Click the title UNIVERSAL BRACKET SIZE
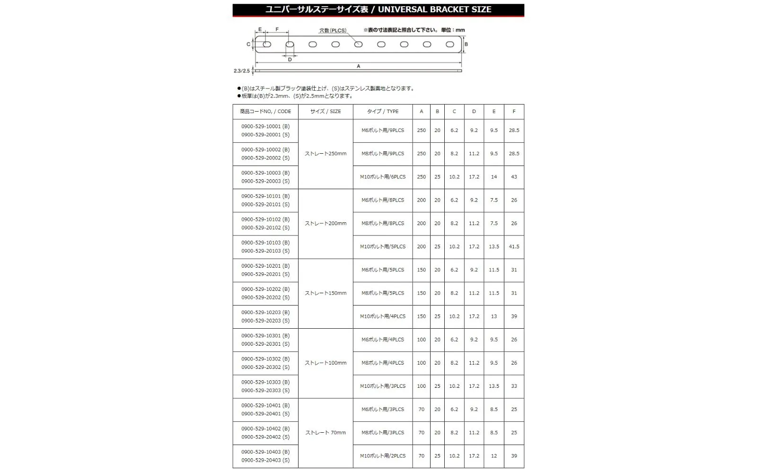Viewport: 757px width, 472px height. click(x=434, y=9)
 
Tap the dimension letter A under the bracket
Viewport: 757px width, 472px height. click(x=359, y=66)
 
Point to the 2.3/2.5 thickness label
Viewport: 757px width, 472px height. click(x=241, y=71)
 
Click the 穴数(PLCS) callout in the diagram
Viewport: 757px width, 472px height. click(x=333, y=30)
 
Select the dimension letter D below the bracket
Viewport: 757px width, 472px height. click(x=290, y=60)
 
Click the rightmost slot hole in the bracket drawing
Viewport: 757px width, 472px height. click(x=450, y=44)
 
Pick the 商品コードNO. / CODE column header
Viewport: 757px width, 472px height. click(x=265, y=112)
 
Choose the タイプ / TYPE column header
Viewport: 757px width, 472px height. click(x=383, y=112)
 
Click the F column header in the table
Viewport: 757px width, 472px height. click(x=514, y=112)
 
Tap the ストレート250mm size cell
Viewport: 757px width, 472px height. click(x=326, y=154)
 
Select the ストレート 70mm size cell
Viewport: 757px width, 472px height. click(x=326, y=433)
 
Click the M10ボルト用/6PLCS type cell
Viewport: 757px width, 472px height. click(x=383, y=177)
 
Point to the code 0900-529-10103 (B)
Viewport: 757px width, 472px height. click(x=265, y=243)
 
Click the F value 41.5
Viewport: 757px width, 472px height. click(x=514, y=247)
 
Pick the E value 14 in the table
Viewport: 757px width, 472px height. click(x=494, y=177)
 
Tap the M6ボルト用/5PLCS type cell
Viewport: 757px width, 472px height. click(x=383, y=270)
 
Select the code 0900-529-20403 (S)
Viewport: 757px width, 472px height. click(x=265, y=460)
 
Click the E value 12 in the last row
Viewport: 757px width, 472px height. click(x=494, y=456)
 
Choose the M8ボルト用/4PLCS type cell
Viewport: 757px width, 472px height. click(x=383, y=363)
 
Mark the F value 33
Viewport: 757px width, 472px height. click(x=514, y=386)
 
